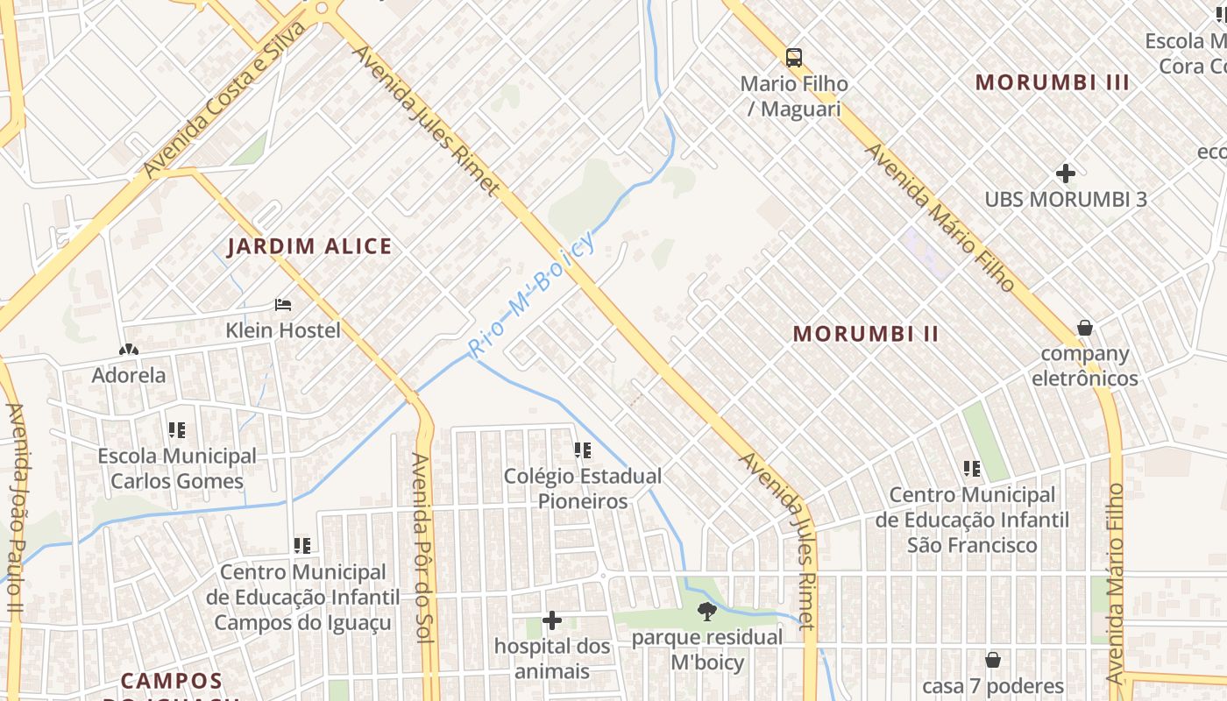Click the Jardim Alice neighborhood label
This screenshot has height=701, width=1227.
(x=309, y=246)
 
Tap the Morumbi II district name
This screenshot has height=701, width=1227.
(x=866, y=334)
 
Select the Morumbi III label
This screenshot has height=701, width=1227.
(x=1053, y=82)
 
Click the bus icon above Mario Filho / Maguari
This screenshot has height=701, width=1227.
(x=794, y=58)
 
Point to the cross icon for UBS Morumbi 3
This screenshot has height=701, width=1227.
(x=1066, y=173)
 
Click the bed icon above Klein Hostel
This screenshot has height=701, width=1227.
(x=283, y=305)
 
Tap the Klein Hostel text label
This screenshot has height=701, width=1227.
(x=283, y=330)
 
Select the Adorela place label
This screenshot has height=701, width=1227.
(x=129, y=375)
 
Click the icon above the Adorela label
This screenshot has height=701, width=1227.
(x=129, y=350)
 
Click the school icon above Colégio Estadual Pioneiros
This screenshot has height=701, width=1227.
(x=583, y=450)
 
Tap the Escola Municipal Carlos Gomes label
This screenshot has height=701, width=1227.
(x=177, y=469)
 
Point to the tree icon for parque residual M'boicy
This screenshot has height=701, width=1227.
(x=707, y=612)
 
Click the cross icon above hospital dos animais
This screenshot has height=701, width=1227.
(x=552, y=621)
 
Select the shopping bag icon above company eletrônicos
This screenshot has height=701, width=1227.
(x=1085, y=328)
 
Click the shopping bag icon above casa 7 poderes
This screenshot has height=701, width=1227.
(x=993, y=660)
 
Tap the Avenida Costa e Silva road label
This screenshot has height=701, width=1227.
(x=226, y=99)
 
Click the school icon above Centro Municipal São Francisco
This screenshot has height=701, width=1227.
(x=972, y=469)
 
